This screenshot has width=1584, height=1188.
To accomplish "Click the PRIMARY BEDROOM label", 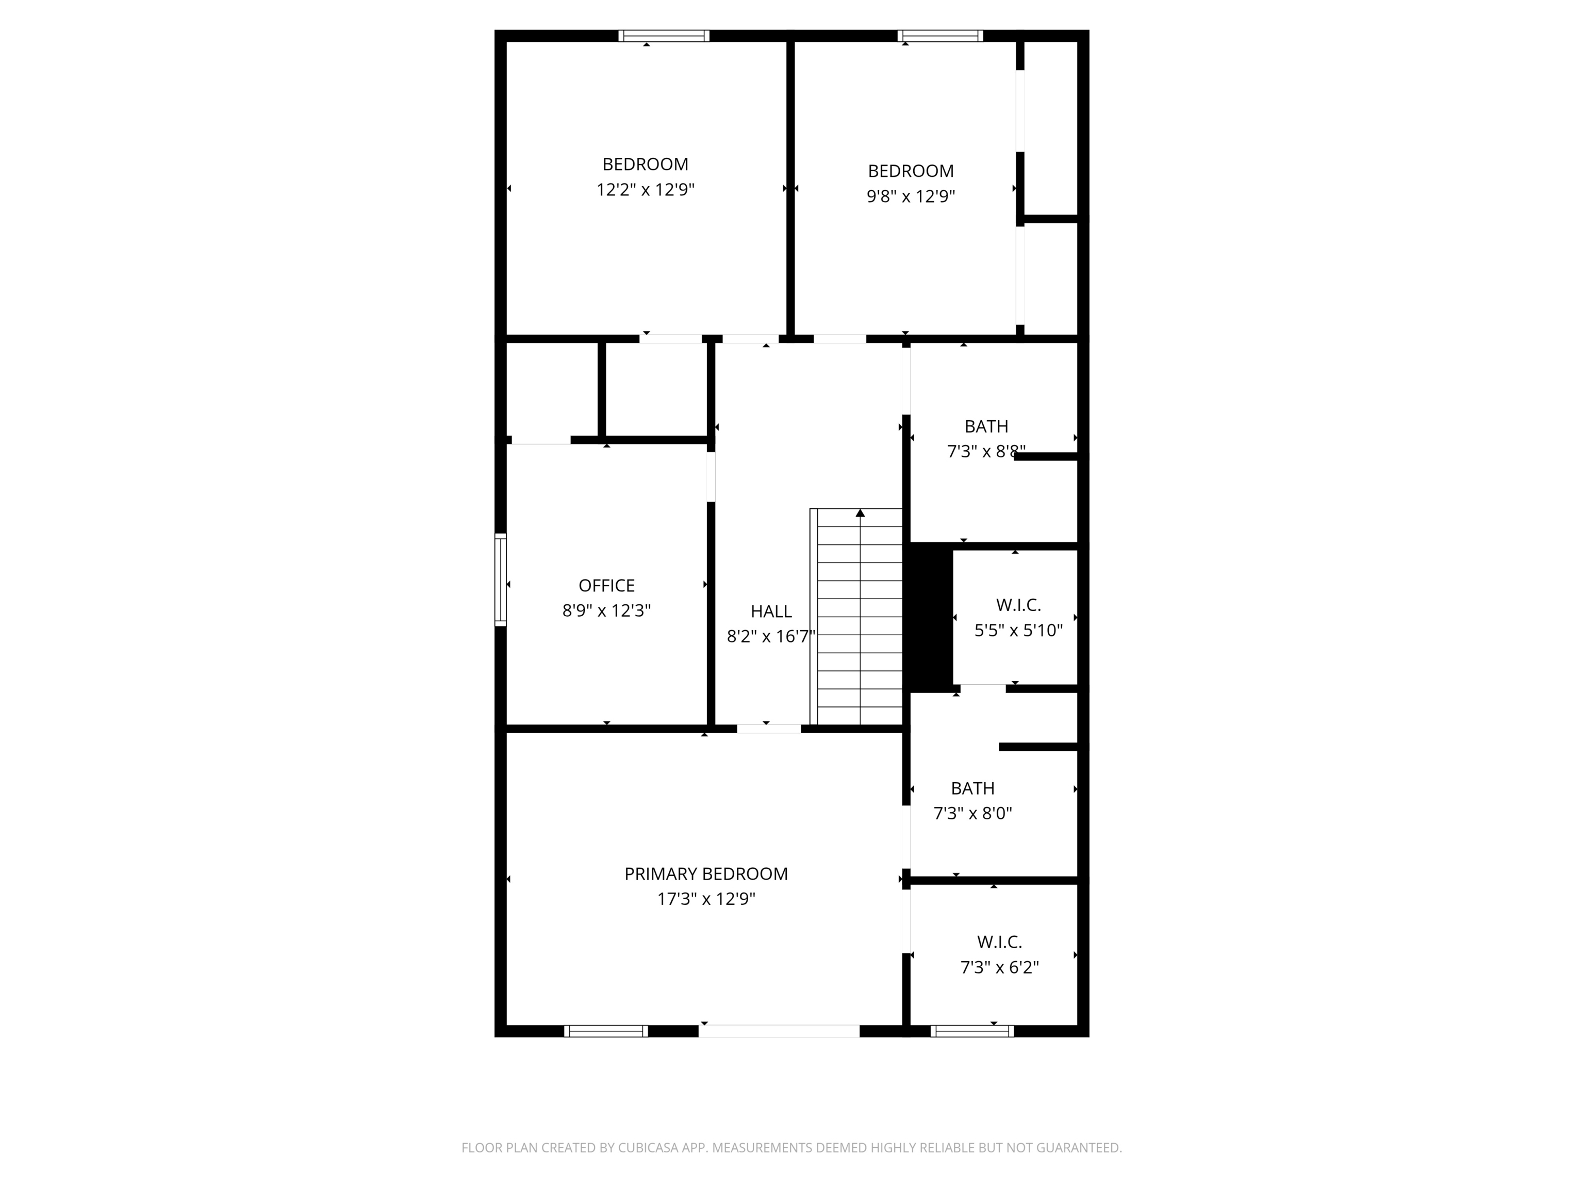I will coord(705,873).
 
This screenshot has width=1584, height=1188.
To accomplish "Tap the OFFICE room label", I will coord(606,586).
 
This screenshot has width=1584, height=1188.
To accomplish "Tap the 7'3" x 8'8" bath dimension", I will coord(985,452).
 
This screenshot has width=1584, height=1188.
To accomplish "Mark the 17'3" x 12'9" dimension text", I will coord(705,899).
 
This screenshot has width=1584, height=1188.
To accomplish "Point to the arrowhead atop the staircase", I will coord(860,513).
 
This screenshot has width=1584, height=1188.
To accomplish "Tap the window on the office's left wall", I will coord(501,580).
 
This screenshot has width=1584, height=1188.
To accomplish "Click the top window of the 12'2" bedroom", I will coord(664,36).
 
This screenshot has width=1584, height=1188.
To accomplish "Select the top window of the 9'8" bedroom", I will coord(940,36).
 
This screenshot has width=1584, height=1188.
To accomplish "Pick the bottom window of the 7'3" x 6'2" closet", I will coord(972,1031).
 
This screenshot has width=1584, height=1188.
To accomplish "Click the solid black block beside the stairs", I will coord(930,617).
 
